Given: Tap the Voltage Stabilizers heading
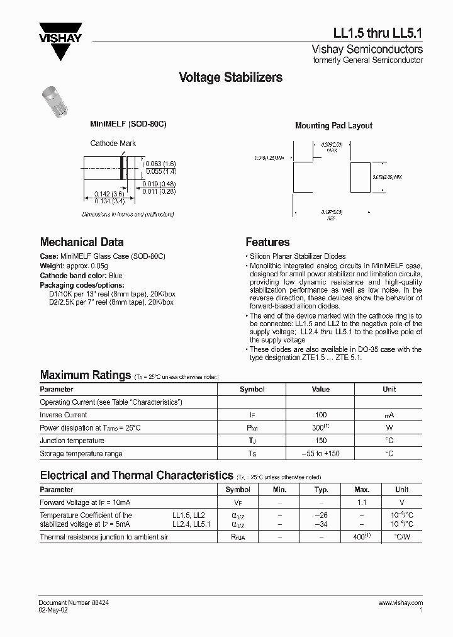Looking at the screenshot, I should click(x=230, y=77).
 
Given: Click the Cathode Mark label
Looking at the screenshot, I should click(x=113, y=144).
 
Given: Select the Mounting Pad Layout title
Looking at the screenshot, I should click(x=333, y=126).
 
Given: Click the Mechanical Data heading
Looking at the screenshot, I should click(x=82, y=242).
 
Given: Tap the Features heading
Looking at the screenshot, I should click(x=267, y=242).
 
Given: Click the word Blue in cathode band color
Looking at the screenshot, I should click(x=115, y=276).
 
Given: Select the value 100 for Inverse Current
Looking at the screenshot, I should click(x=320, y=415).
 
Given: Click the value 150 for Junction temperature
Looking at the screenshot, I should click(x=320, y=441).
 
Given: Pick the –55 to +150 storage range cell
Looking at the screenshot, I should click(x=320, y=453).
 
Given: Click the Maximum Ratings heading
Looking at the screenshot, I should click(x=85, y=375).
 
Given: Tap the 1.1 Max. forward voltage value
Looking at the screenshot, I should click(x=362, y=502).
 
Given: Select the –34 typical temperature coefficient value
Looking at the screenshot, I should click(x=322, y=524).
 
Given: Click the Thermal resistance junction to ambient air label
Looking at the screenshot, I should click(x=104, y=537).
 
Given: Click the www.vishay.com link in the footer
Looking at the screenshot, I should click(x=401, y=603).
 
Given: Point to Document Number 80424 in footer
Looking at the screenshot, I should click(x=73, y=603).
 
